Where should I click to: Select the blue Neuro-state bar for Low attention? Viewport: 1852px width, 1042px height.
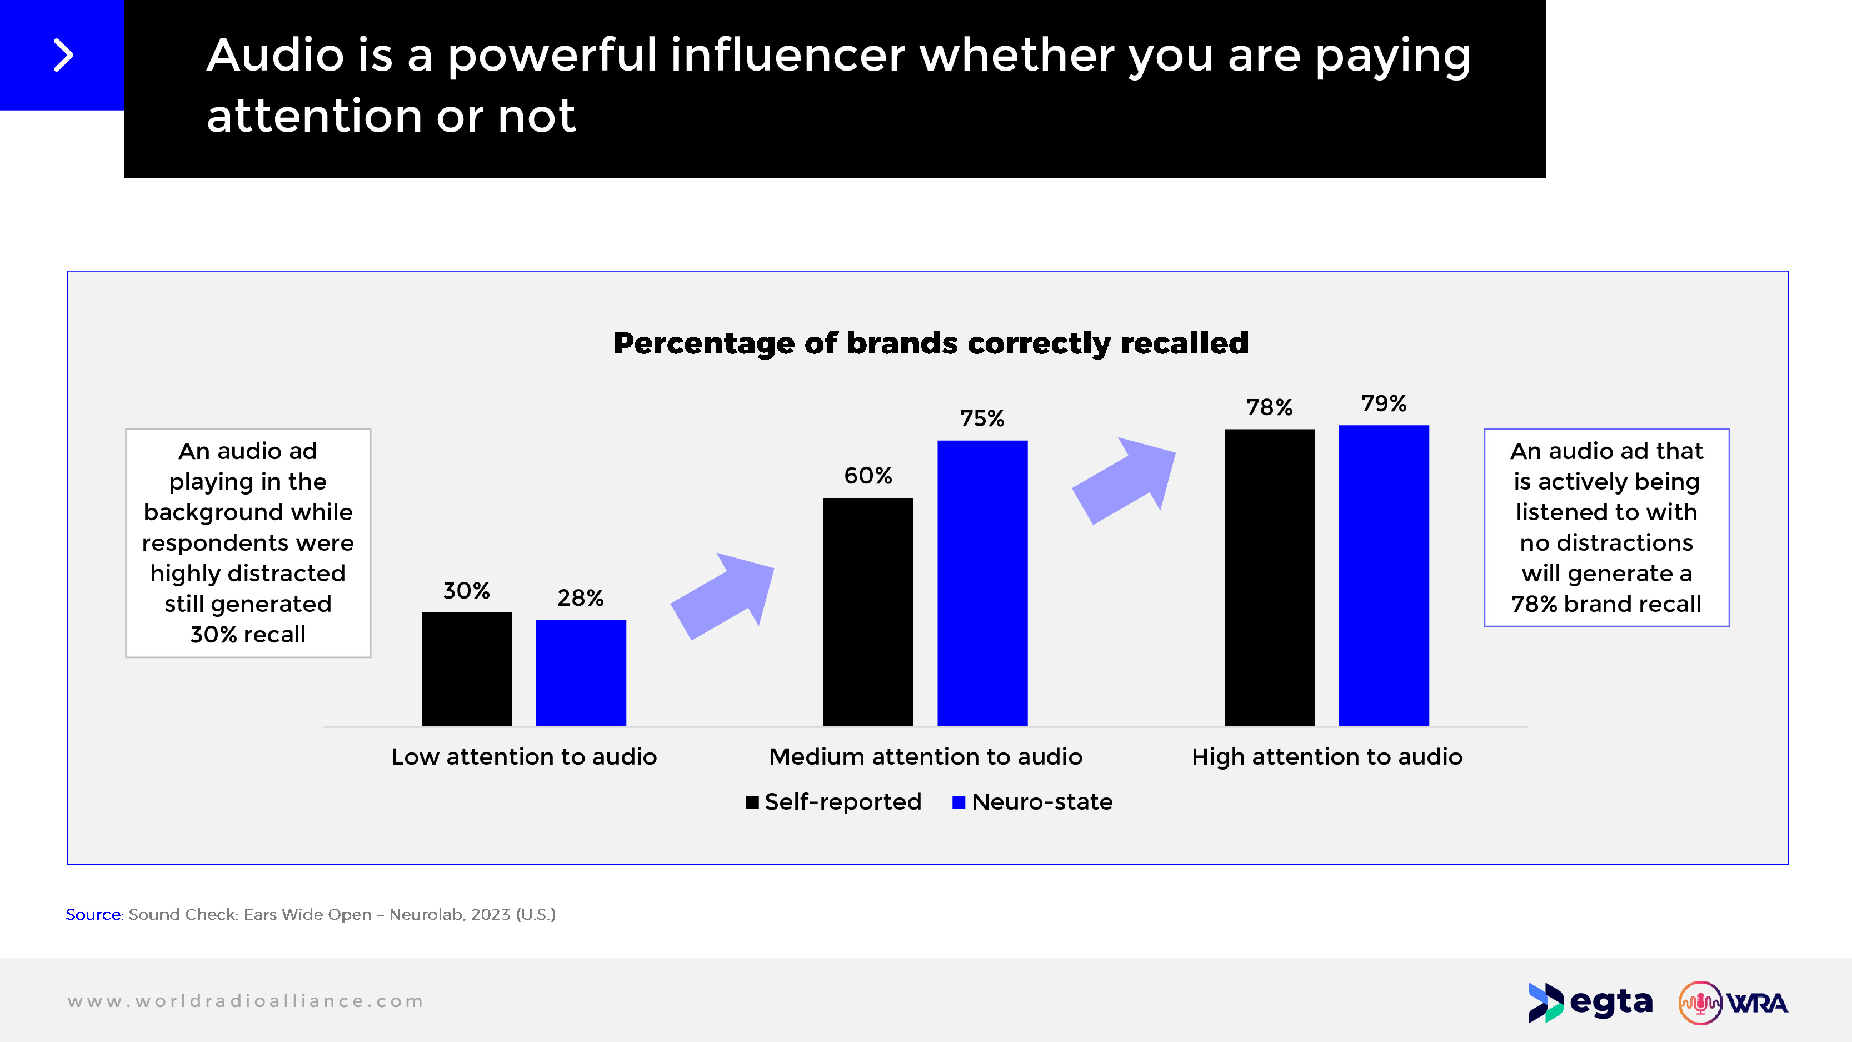click(581, 672)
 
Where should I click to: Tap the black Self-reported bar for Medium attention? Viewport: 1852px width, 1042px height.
click(868, 611)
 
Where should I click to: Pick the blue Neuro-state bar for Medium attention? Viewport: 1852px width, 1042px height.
click(982, 582)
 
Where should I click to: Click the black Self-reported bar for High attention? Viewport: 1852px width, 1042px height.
click(1269, 577)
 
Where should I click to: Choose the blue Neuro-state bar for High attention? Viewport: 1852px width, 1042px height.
click(1383, 575)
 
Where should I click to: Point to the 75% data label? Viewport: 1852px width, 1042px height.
click(982, 418)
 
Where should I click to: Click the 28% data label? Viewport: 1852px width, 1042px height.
click(580, 597)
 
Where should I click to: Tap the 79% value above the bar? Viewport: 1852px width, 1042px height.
click(1383, 403)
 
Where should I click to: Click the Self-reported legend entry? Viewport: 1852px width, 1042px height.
click(834, 802)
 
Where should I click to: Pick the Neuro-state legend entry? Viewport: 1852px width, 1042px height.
click(1032, 802)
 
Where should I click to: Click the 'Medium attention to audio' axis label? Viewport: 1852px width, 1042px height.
click(925, 756)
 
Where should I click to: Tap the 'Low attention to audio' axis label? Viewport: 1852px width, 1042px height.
click(523, 756)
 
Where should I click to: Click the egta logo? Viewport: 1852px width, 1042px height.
click(1590, 1002)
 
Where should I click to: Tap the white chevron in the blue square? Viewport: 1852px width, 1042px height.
click(63, 56)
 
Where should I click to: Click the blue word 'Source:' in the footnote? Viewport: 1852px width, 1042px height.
click(94, 914)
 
